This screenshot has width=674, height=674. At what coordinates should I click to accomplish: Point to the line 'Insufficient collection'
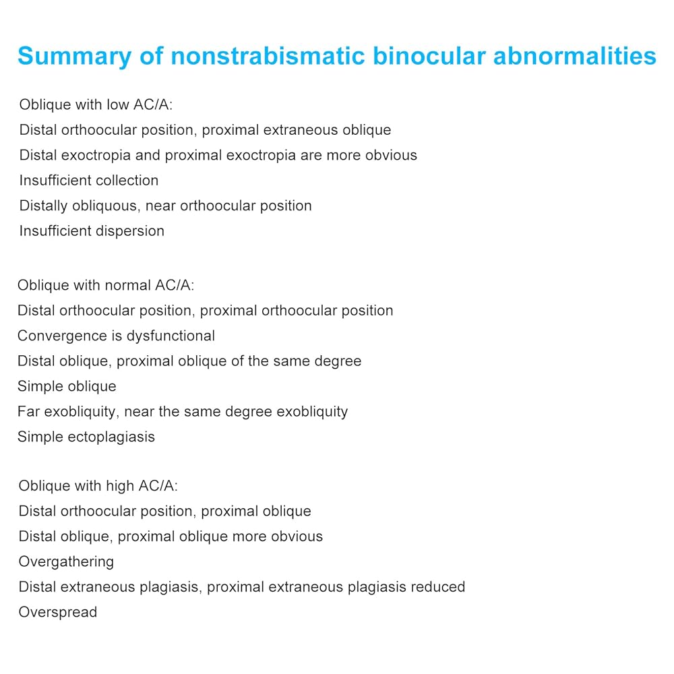point(89,181)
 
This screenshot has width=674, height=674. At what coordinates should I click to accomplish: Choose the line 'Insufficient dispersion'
point(92,231)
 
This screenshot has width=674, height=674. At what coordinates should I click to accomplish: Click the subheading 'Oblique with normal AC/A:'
point(106,285)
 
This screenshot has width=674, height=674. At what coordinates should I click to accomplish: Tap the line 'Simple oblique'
point(67,386)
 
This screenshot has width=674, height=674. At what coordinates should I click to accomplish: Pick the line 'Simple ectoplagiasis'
point(86,437)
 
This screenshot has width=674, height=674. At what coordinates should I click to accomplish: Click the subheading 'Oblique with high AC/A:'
point(98,486)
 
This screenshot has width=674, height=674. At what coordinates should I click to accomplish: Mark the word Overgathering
point(66,562)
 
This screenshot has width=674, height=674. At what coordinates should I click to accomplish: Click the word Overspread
point(58,613)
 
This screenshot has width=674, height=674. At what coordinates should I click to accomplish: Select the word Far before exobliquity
point(28,412)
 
